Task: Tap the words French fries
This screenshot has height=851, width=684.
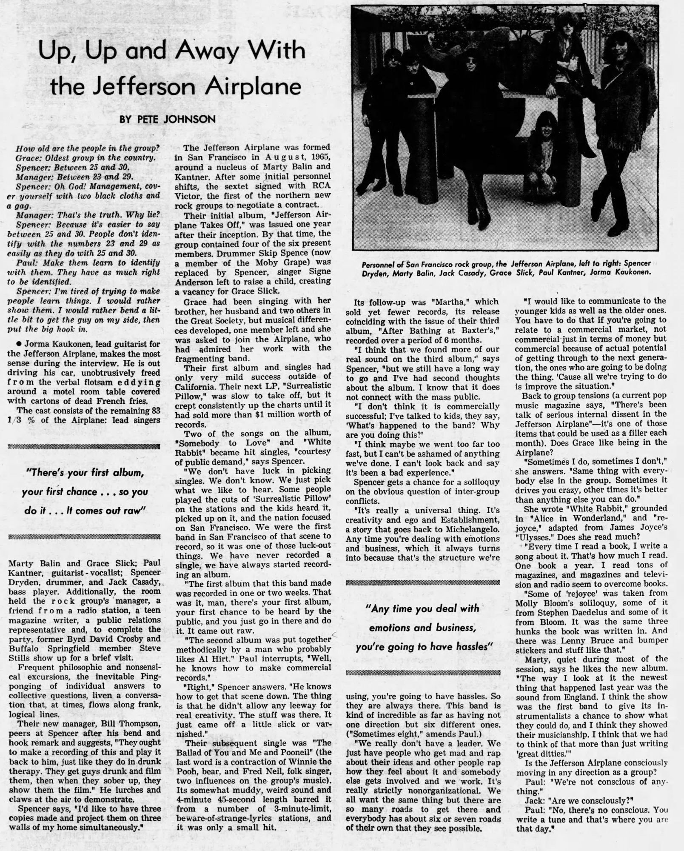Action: tap(123, 401)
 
